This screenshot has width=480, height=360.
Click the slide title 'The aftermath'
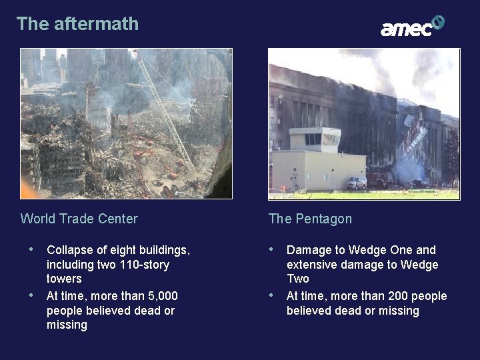[x=77, y=24]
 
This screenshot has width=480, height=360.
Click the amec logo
[x=412, y=27]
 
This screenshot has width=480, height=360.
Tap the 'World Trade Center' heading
[x=79, y=219]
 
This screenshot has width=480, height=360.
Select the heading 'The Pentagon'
[x=310, y=219]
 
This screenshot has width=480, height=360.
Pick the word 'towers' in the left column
[x=64, y=279]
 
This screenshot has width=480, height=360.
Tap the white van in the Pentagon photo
[x=357, y=182]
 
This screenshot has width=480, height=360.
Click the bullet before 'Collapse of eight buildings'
[x=31, y=250]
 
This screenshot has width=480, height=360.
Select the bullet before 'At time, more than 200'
[x=271, y=295]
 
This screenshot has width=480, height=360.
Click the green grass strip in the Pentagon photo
[x=363, y=195]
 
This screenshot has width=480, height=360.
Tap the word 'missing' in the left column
[x=67, y=325]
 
